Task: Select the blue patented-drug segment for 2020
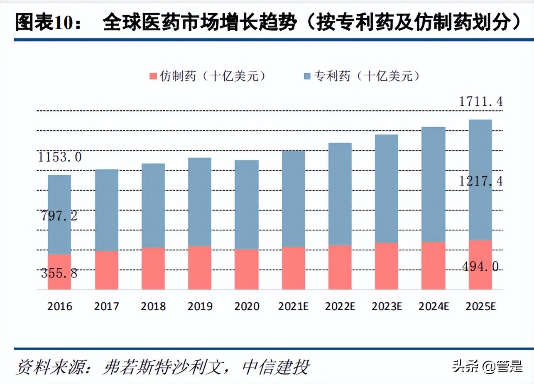point(246,204)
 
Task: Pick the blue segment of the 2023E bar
point(386,189)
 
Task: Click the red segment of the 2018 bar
point(153,268)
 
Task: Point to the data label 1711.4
point(480,101)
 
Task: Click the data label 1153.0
point(60,157)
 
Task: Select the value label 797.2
point(59,216)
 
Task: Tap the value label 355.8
point(59,273)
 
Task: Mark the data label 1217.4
point(480,181)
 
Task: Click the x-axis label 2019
point(200,306)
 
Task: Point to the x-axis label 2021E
point(293,306)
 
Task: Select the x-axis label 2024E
point(433,306)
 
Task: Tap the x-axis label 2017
point(106,306)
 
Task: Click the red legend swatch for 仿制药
point(153,76)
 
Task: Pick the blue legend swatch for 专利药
point(307,76)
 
